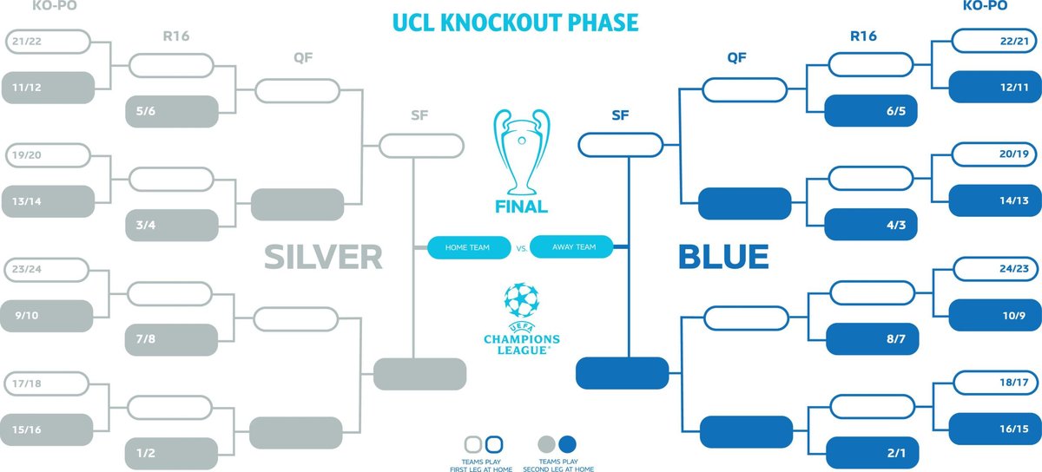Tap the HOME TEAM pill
click(468, 247)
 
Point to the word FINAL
click(521, 206)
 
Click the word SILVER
click(323, 256)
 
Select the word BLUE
click(722, 256)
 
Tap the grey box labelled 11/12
click(48, 88)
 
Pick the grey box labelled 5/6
click(170, 111)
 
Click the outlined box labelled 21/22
click(48, 42)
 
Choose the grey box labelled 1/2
click(170, 453)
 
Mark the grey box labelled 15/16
click(48, 429)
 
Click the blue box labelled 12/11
click(993, 88)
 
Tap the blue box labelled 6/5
click(870, 111)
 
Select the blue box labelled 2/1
click(870, 453)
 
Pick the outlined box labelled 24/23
click(993, 269)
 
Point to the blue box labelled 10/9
click(993, 316)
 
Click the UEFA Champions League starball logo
click(521, 302)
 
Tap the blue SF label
click(623, 115)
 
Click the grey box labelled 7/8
click(170, 338)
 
